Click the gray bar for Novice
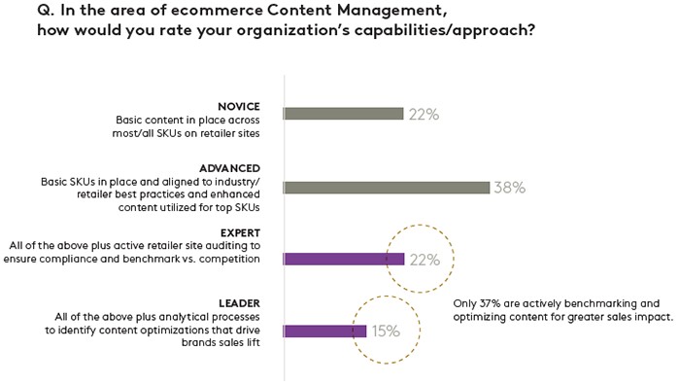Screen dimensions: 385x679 point(343,114)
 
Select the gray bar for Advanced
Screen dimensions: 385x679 point(386,188)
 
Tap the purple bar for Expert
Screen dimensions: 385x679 point(343,259)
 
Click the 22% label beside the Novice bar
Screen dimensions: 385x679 point(424,114)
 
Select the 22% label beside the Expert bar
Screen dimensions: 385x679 point(424,260)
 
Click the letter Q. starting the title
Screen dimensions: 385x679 point(19,13)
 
